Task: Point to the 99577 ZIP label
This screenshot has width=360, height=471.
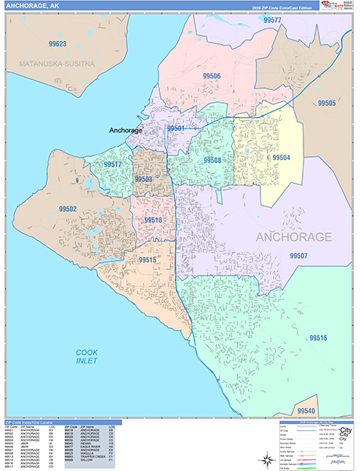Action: (x=273, y=20)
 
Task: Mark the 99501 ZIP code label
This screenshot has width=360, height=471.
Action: (x=176, y=128)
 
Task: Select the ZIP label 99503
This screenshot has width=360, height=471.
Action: (x=144, y=179)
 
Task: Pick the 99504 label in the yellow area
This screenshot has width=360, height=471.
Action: (x=281, y=158)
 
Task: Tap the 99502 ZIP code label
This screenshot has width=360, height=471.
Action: (x=67, y=209)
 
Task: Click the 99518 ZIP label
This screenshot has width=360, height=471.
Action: (x=153, y=221)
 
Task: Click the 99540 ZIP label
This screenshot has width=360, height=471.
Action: (x=307, y=411)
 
